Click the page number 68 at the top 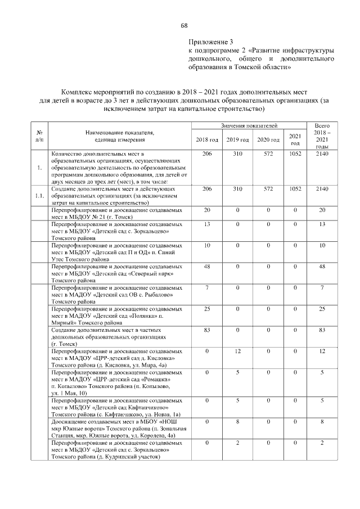coord(183,25)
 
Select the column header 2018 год coord(206,139)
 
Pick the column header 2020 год coord(268,139)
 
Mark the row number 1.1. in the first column coord(38,196)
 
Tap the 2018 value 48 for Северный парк coord(206,266)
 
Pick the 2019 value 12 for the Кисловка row coord(237,351)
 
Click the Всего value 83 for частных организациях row coord(322,330)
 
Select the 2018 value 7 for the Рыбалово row coord(206,287)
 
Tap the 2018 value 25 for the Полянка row coord(206,309)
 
